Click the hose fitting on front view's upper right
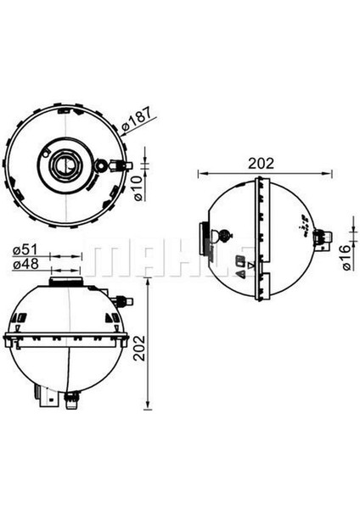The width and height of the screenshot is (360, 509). pyautogui.click(x=125, y=299)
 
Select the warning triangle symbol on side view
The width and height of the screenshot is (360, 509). pyautogui.click(x=240, y=273)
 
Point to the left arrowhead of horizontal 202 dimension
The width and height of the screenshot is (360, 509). pyautogui.click(x=201, y=174)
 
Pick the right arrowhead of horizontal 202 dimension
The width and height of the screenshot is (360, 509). pyautogui.click(x=329, y=174)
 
